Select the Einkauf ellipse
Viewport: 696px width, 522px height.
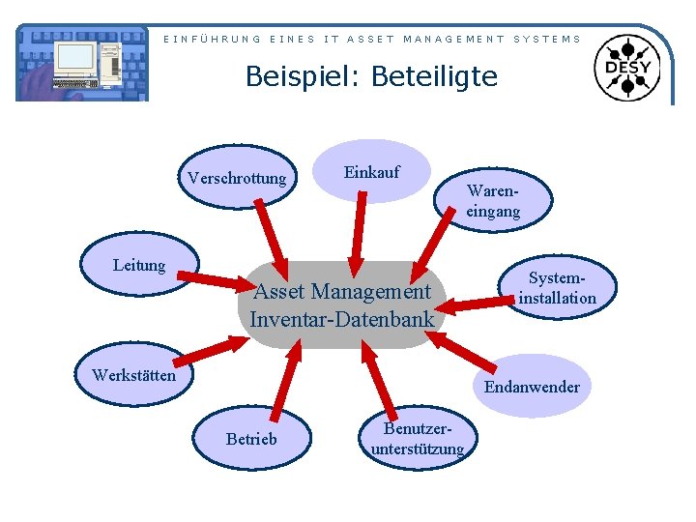tap(372, 172)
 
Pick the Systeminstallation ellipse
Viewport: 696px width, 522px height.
tap(557, 288)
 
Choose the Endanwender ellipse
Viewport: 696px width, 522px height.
tap(532, 387)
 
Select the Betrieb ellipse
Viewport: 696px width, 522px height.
tap(251, 439)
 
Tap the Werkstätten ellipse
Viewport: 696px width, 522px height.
tap(133, 375)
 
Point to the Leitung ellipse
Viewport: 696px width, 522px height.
tap(139, 265)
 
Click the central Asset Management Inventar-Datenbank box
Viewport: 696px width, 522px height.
tap(341, 304)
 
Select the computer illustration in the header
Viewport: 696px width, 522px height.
tap(83, 64)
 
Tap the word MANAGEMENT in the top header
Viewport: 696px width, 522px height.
tap(453, 39)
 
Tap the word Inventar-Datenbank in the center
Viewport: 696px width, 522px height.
tap(341, 317)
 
